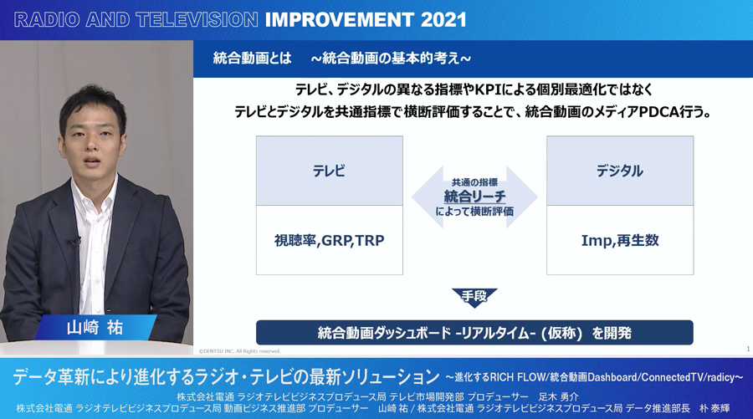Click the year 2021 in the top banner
tap(443, 20)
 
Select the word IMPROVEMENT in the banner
tap(340, 20)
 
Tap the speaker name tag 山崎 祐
tap(95, 328)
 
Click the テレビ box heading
tap(329, 171)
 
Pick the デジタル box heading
tap(619, 171)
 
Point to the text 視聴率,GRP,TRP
tap(329, 241)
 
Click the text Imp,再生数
tap(620, 241)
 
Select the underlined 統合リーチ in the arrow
tap(474, 197)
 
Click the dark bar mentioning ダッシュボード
tap(474, 333)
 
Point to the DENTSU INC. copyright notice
tap(239, 351)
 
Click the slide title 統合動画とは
tap(252, 59)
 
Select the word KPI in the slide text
tap(487, 89)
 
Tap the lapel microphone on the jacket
tap(73, 241)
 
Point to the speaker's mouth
tap(91, 160)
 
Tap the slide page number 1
tap(748, 349)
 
